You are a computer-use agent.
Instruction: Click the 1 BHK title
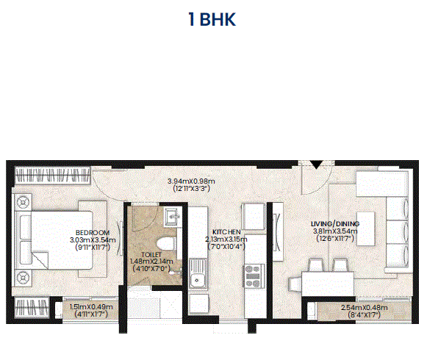pos(212,19)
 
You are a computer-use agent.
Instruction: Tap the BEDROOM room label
pos(93,233)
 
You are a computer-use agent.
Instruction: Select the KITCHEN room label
pos(226,232)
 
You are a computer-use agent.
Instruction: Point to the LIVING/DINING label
pos(335,224)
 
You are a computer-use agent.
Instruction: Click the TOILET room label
pos(151,255)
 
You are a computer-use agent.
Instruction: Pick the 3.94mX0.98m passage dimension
pos(191,181)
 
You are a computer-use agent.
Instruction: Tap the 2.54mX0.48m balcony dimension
pos(365,308)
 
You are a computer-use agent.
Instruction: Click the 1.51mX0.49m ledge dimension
pos(91,307)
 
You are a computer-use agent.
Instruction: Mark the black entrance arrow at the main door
pos(316,165)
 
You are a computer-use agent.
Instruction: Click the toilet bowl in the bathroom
pos(166,244)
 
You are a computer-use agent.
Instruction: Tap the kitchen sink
pos(198,273)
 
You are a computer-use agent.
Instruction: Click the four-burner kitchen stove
pos(254,276)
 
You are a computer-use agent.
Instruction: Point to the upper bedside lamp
pos(23,202)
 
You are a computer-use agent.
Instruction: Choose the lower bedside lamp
pos(23,278)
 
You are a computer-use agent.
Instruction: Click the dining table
pos(327,284)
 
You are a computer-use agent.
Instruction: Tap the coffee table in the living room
pos(365,228)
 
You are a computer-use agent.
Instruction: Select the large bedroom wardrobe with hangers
pos(52,175)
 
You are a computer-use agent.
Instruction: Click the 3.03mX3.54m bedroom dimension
pos(93,240)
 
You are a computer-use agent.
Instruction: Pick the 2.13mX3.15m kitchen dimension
pos(226,240)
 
